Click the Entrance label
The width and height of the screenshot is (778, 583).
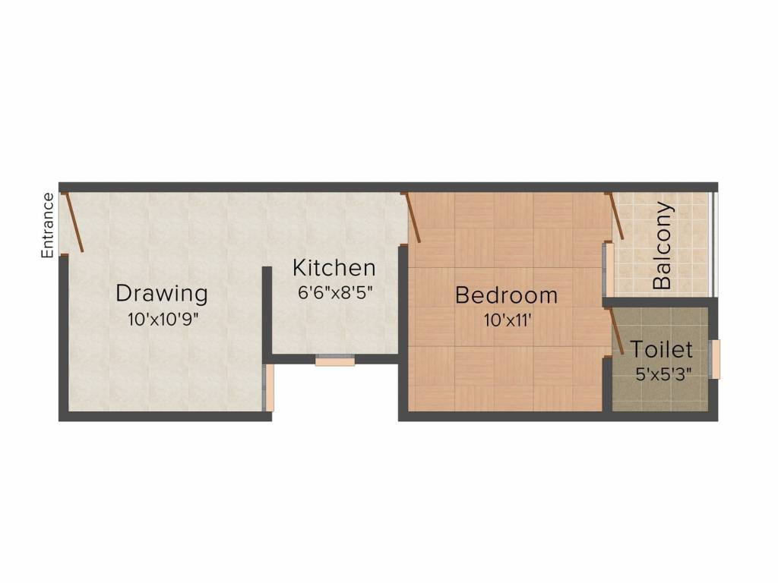(x=48, y=225)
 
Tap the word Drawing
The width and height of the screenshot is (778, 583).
(x=161, y=293)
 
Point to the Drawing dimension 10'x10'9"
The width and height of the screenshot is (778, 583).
(x=163, y=319)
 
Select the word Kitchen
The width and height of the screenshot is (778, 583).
(x=334, y=268)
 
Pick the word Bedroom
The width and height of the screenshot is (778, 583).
(x=506, y=295)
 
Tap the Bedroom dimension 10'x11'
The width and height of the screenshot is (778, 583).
(x=507, y=320)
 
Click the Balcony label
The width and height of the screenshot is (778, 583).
(x=663, y=245)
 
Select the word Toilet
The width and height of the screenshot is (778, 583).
(x=662, y=350)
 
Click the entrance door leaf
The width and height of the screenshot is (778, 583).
(x=74, y=222)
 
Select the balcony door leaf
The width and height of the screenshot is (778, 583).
(x=616, y=216)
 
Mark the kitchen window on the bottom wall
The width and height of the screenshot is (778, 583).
(x=335, y=361)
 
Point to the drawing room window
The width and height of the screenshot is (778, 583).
(x=269, y=388)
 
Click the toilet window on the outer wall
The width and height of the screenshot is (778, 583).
(x=715, y=359)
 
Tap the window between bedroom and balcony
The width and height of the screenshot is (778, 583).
(x=609, y=268)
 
